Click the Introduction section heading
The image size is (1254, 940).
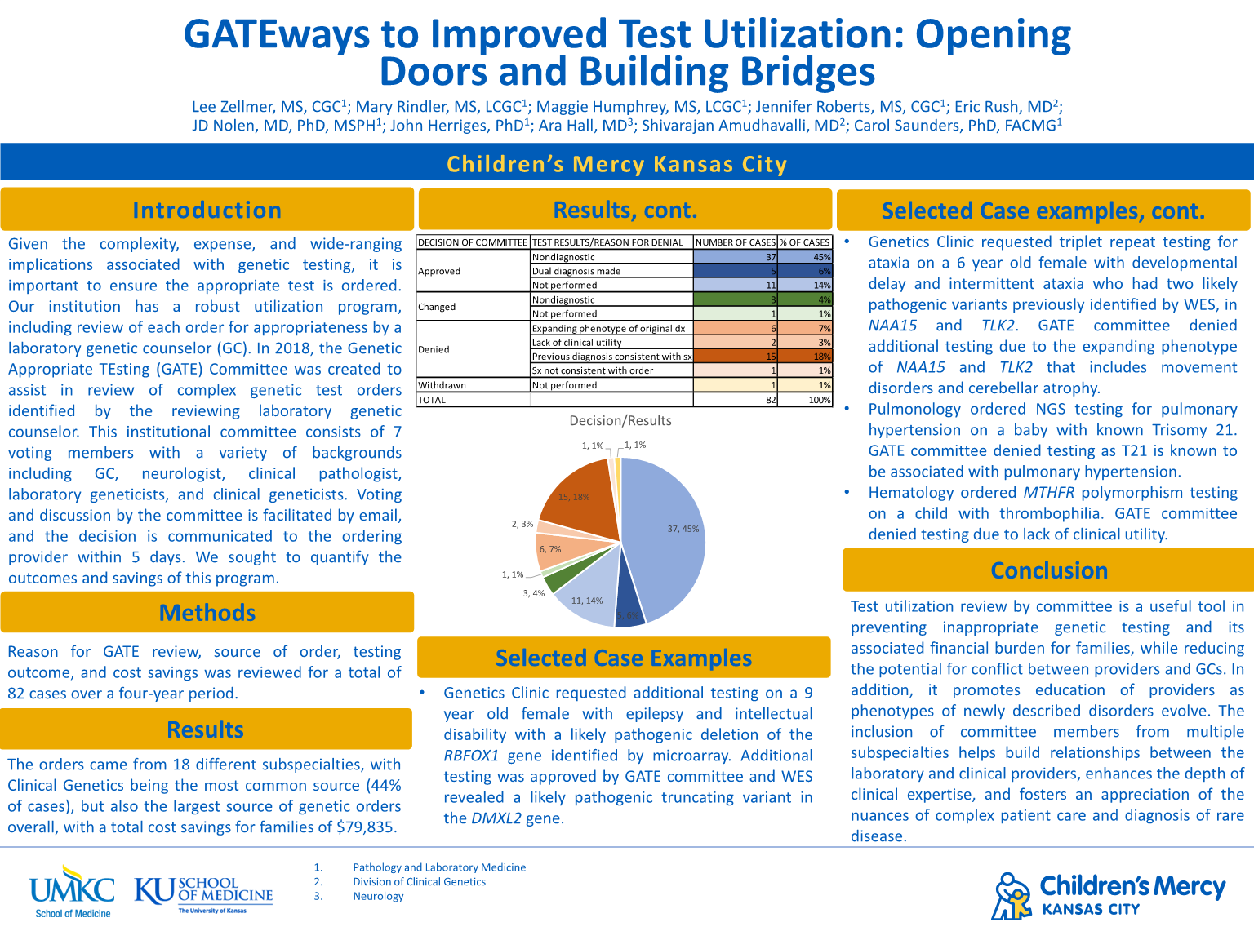point(207,211)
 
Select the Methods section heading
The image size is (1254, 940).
point(207,613)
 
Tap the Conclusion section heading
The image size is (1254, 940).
point(1049,570)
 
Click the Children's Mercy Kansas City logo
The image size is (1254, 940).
point(1109,895)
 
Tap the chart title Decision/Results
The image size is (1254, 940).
point(620,421)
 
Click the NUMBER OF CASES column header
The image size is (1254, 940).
point(735,242)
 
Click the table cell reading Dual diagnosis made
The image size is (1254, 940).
point(576,271)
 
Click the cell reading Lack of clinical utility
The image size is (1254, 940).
point(576,343)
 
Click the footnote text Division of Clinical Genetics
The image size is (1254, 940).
point(419,881)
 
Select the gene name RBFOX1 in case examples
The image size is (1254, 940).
point(471,756)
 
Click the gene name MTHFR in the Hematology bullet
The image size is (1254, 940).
point(1050,493)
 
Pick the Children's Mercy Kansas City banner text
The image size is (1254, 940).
point(617,165)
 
